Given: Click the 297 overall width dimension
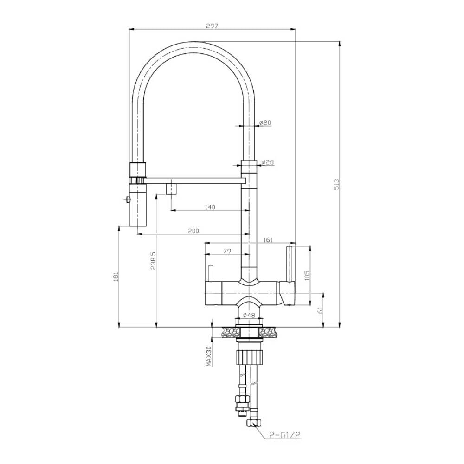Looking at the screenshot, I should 212,26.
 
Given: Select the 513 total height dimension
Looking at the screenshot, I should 337,184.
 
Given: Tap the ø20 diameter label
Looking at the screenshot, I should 265,122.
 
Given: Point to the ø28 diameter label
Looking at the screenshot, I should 267,162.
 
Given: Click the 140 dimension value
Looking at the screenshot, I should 210,207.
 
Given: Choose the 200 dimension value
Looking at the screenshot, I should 193,231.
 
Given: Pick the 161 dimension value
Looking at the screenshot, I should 267,239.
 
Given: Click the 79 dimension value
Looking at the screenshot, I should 227,251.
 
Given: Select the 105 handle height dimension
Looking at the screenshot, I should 307,276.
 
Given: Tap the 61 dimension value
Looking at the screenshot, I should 320,310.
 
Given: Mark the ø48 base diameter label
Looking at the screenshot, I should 250,316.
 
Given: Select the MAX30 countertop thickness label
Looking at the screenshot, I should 209,356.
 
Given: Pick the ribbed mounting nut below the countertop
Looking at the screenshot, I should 250,358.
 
